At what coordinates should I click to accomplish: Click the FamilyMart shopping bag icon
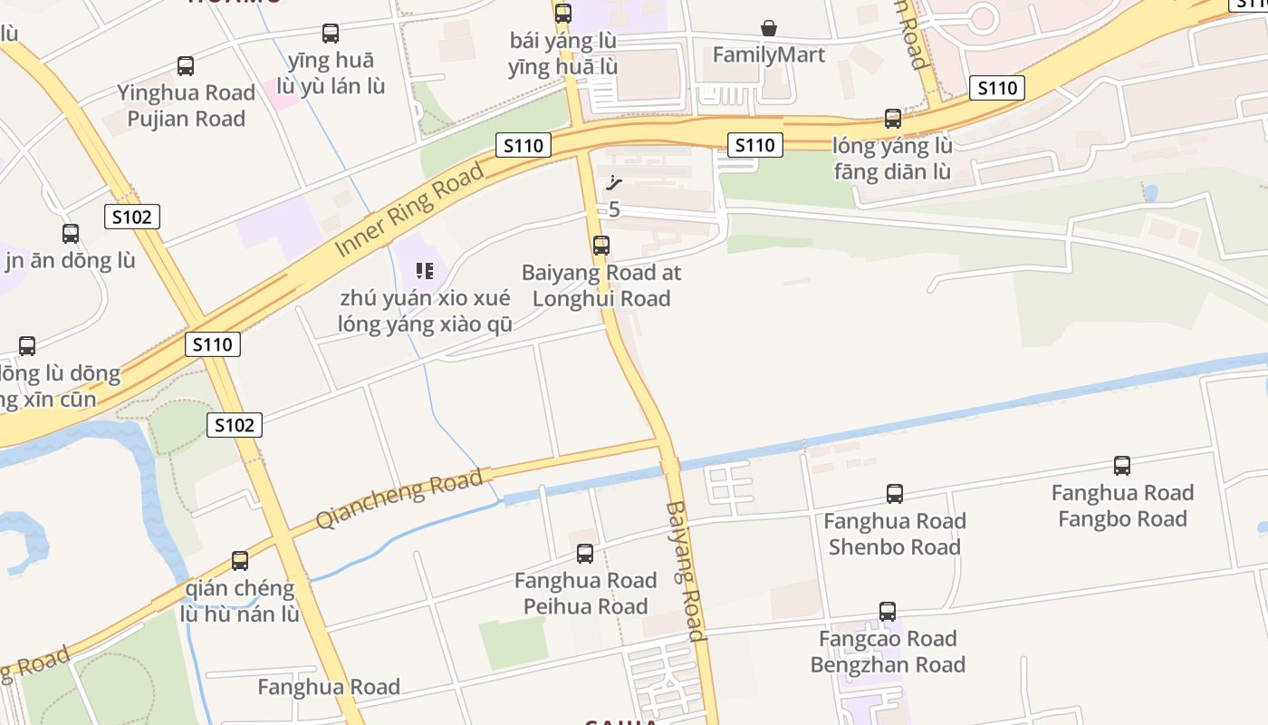tap(768, 28)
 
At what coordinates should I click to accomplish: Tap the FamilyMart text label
tap(768, 55)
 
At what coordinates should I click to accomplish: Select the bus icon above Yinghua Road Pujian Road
tap(186, 66)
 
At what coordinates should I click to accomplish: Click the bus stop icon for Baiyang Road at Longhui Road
tap(600, 246)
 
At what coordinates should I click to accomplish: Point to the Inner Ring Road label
tap(408, 210)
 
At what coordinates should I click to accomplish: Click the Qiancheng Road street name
tap(399, 499)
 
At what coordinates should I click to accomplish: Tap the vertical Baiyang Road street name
tap(685, 571)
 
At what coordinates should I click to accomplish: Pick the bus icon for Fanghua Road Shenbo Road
tap(894, 494)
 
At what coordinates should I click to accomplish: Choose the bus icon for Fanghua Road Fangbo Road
tap(1121, 466)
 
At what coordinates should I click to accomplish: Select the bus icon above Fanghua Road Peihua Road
tap(585, 553)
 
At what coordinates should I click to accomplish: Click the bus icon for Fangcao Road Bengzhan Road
tap(887, 612)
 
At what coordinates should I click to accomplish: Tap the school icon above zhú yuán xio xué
tap(424, 270)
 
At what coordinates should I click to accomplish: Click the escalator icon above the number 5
tap(614, 183)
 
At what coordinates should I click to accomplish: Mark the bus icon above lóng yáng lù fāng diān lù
tap(892, 119)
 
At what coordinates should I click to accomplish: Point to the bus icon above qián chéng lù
tap(239, 561)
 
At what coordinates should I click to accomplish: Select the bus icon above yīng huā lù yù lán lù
tap(331, 34)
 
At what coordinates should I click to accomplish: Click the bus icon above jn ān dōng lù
tap(71, 233)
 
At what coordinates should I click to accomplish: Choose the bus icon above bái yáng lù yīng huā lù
tap(562, 14)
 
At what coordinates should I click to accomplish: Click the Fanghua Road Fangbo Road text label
tap(1121, 506)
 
